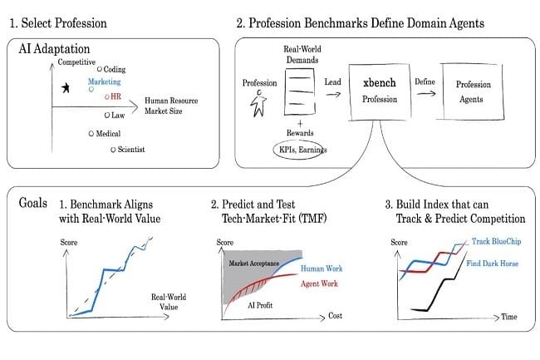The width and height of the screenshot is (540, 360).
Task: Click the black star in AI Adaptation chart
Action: [66, 88]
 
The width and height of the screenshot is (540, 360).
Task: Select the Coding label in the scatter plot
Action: [115, 69]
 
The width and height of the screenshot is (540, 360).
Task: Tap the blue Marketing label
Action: [105, 81]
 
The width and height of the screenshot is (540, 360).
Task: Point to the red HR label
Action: [115, 96]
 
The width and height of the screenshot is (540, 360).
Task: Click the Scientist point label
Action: [131, 150]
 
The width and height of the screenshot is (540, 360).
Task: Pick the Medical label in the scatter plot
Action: [108, 134]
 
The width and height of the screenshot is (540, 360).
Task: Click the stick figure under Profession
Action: [258, 103]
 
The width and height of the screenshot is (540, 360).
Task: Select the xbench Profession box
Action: [380, 92]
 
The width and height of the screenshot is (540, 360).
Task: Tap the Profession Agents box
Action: [474, 91]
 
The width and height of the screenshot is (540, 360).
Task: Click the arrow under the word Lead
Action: [333, 94]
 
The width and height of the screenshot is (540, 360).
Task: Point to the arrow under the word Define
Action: [426, 93]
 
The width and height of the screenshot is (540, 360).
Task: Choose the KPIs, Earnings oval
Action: [299, 150]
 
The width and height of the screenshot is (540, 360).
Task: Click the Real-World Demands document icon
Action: [300, 91]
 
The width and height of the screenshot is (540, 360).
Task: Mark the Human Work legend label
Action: [322, 269]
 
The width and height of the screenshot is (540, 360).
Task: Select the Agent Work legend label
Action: [319, 284]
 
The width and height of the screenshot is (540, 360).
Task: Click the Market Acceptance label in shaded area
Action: [254, 264]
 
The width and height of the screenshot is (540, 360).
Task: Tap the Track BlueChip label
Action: [496, 241]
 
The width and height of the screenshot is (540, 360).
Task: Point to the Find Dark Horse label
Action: [492, 264]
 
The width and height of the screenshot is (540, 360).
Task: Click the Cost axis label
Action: [335, 316]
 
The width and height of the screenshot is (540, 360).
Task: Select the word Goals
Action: [33, 203]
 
